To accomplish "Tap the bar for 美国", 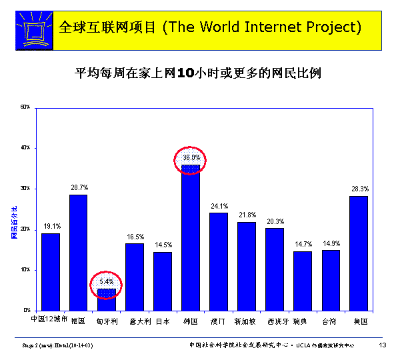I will point(359,253).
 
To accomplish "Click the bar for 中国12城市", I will point(51,271).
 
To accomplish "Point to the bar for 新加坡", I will point(247,266).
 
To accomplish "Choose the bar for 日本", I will point(163,281).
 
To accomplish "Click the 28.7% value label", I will point(79,187).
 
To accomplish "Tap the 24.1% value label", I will point(219,206).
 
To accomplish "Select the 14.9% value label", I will point(331,243).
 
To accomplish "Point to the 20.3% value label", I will point(275,221).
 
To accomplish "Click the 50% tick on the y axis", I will point(25,107).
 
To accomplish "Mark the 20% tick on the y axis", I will point(25,229).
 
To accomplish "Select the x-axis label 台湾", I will point(329,322).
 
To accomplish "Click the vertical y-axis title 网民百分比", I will point(13,224).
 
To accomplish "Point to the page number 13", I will point(383,345).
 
